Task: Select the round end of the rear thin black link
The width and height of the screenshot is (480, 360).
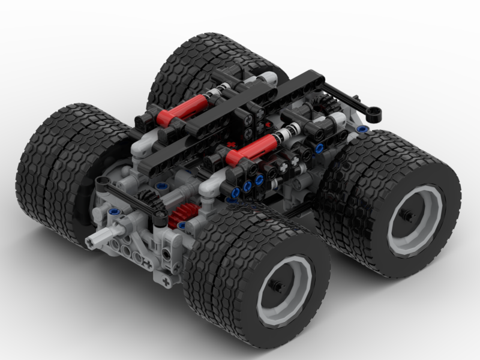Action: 375,112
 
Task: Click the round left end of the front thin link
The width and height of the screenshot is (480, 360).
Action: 101,182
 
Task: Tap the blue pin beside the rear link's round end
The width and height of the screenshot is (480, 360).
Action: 361,128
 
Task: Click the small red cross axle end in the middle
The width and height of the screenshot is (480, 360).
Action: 233,146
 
